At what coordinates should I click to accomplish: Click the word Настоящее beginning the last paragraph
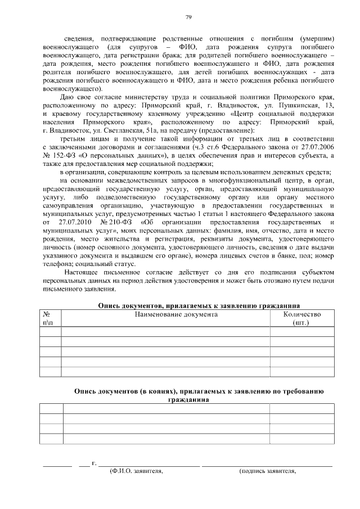(84, 272)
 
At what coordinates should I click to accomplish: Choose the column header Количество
(301, 314)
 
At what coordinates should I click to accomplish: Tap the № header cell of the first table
(47, 314)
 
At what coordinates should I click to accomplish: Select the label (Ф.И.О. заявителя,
(136, 471)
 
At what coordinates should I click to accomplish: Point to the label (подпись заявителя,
(267, 471)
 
